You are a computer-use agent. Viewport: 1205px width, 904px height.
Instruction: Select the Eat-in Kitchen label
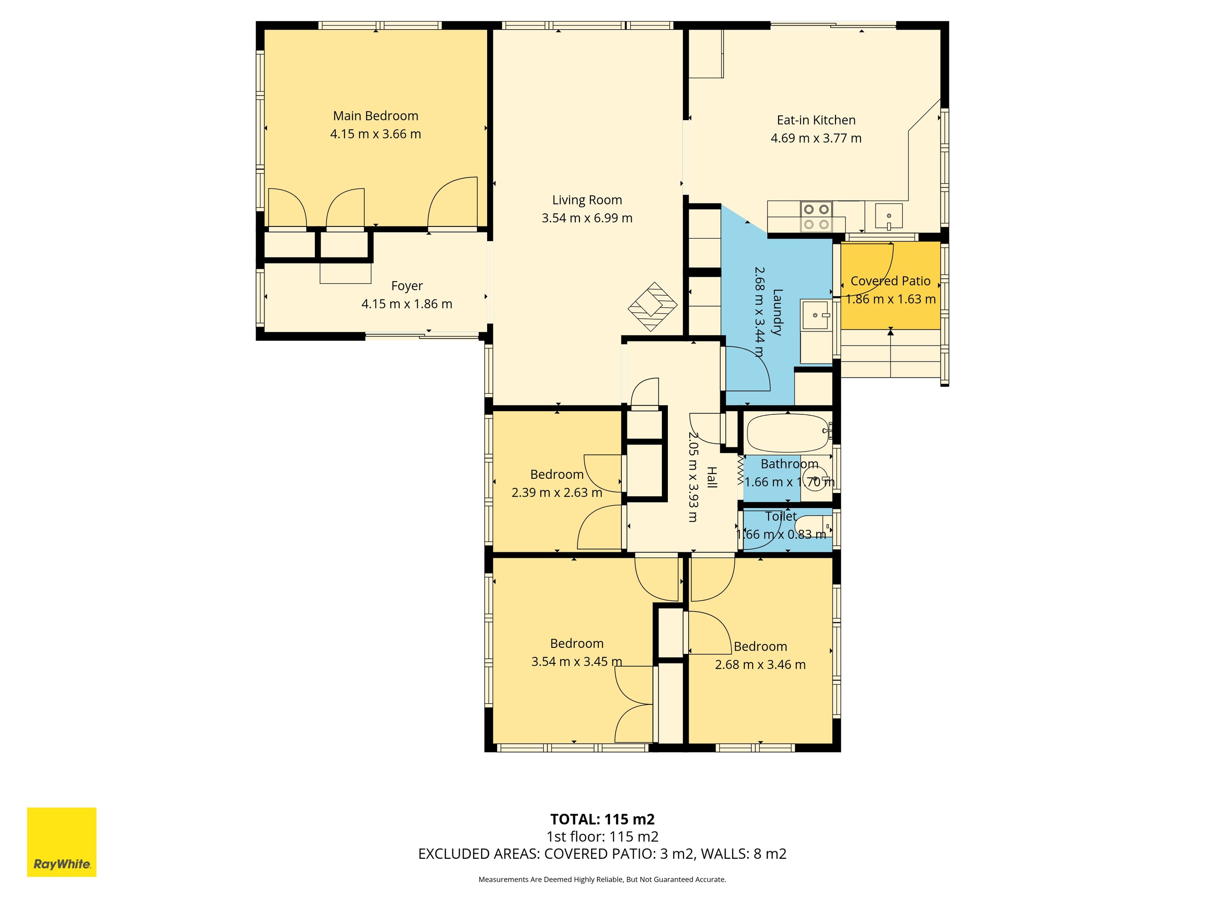(816, 121)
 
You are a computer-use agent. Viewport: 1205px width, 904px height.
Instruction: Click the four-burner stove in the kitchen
(816, 216)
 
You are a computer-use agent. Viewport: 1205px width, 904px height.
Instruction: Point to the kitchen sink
(889, 216)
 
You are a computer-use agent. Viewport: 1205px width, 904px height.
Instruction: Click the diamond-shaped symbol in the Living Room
(652, 306)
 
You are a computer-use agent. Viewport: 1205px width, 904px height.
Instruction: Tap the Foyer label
(407, 286)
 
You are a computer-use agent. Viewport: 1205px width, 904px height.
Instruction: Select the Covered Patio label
(891, 281)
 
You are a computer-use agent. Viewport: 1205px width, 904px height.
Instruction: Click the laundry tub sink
(816, 315)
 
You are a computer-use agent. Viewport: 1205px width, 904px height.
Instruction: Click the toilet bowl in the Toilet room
(810, 527)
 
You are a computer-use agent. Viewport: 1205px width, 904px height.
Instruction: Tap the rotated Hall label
(711, 477)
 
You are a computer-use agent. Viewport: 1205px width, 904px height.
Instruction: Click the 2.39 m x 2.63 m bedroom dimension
(557, 492)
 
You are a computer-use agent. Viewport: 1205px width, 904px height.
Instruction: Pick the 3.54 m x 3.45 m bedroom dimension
(576, 662)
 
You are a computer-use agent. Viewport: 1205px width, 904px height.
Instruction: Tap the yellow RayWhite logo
(62, 842)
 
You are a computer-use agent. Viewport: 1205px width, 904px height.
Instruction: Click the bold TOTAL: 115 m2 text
(602, 820)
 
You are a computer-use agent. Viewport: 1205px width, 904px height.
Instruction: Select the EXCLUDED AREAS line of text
(602, 854)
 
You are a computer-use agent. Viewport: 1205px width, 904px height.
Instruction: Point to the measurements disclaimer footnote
(602, 880)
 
